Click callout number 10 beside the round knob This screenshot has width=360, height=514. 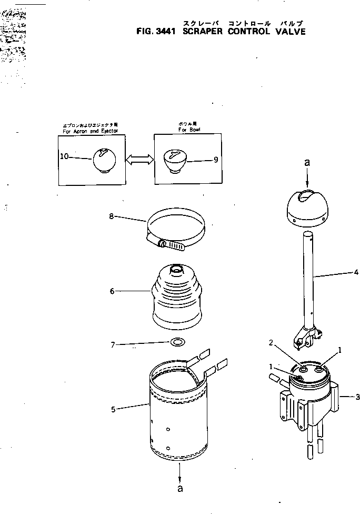pos(63,156)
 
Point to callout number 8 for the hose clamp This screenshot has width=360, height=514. pos(111,215)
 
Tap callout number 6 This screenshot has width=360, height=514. pos(112,291)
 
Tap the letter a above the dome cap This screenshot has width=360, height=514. pos(307,164)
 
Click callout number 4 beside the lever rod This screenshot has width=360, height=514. pos(356,272)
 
